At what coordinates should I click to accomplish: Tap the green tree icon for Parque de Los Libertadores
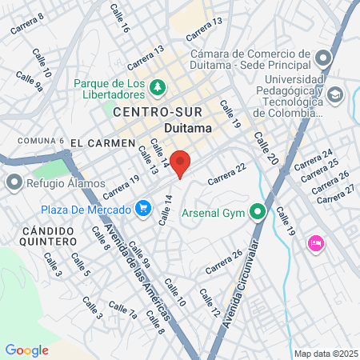[158, 86]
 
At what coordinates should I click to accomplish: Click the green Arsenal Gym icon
[258, 213]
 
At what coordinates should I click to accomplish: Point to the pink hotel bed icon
[315, 242]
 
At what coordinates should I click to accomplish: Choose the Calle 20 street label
[266, 147]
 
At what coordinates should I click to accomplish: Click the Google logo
[27, 350]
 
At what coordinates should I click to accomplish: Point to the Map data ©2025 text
[324, 354]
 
